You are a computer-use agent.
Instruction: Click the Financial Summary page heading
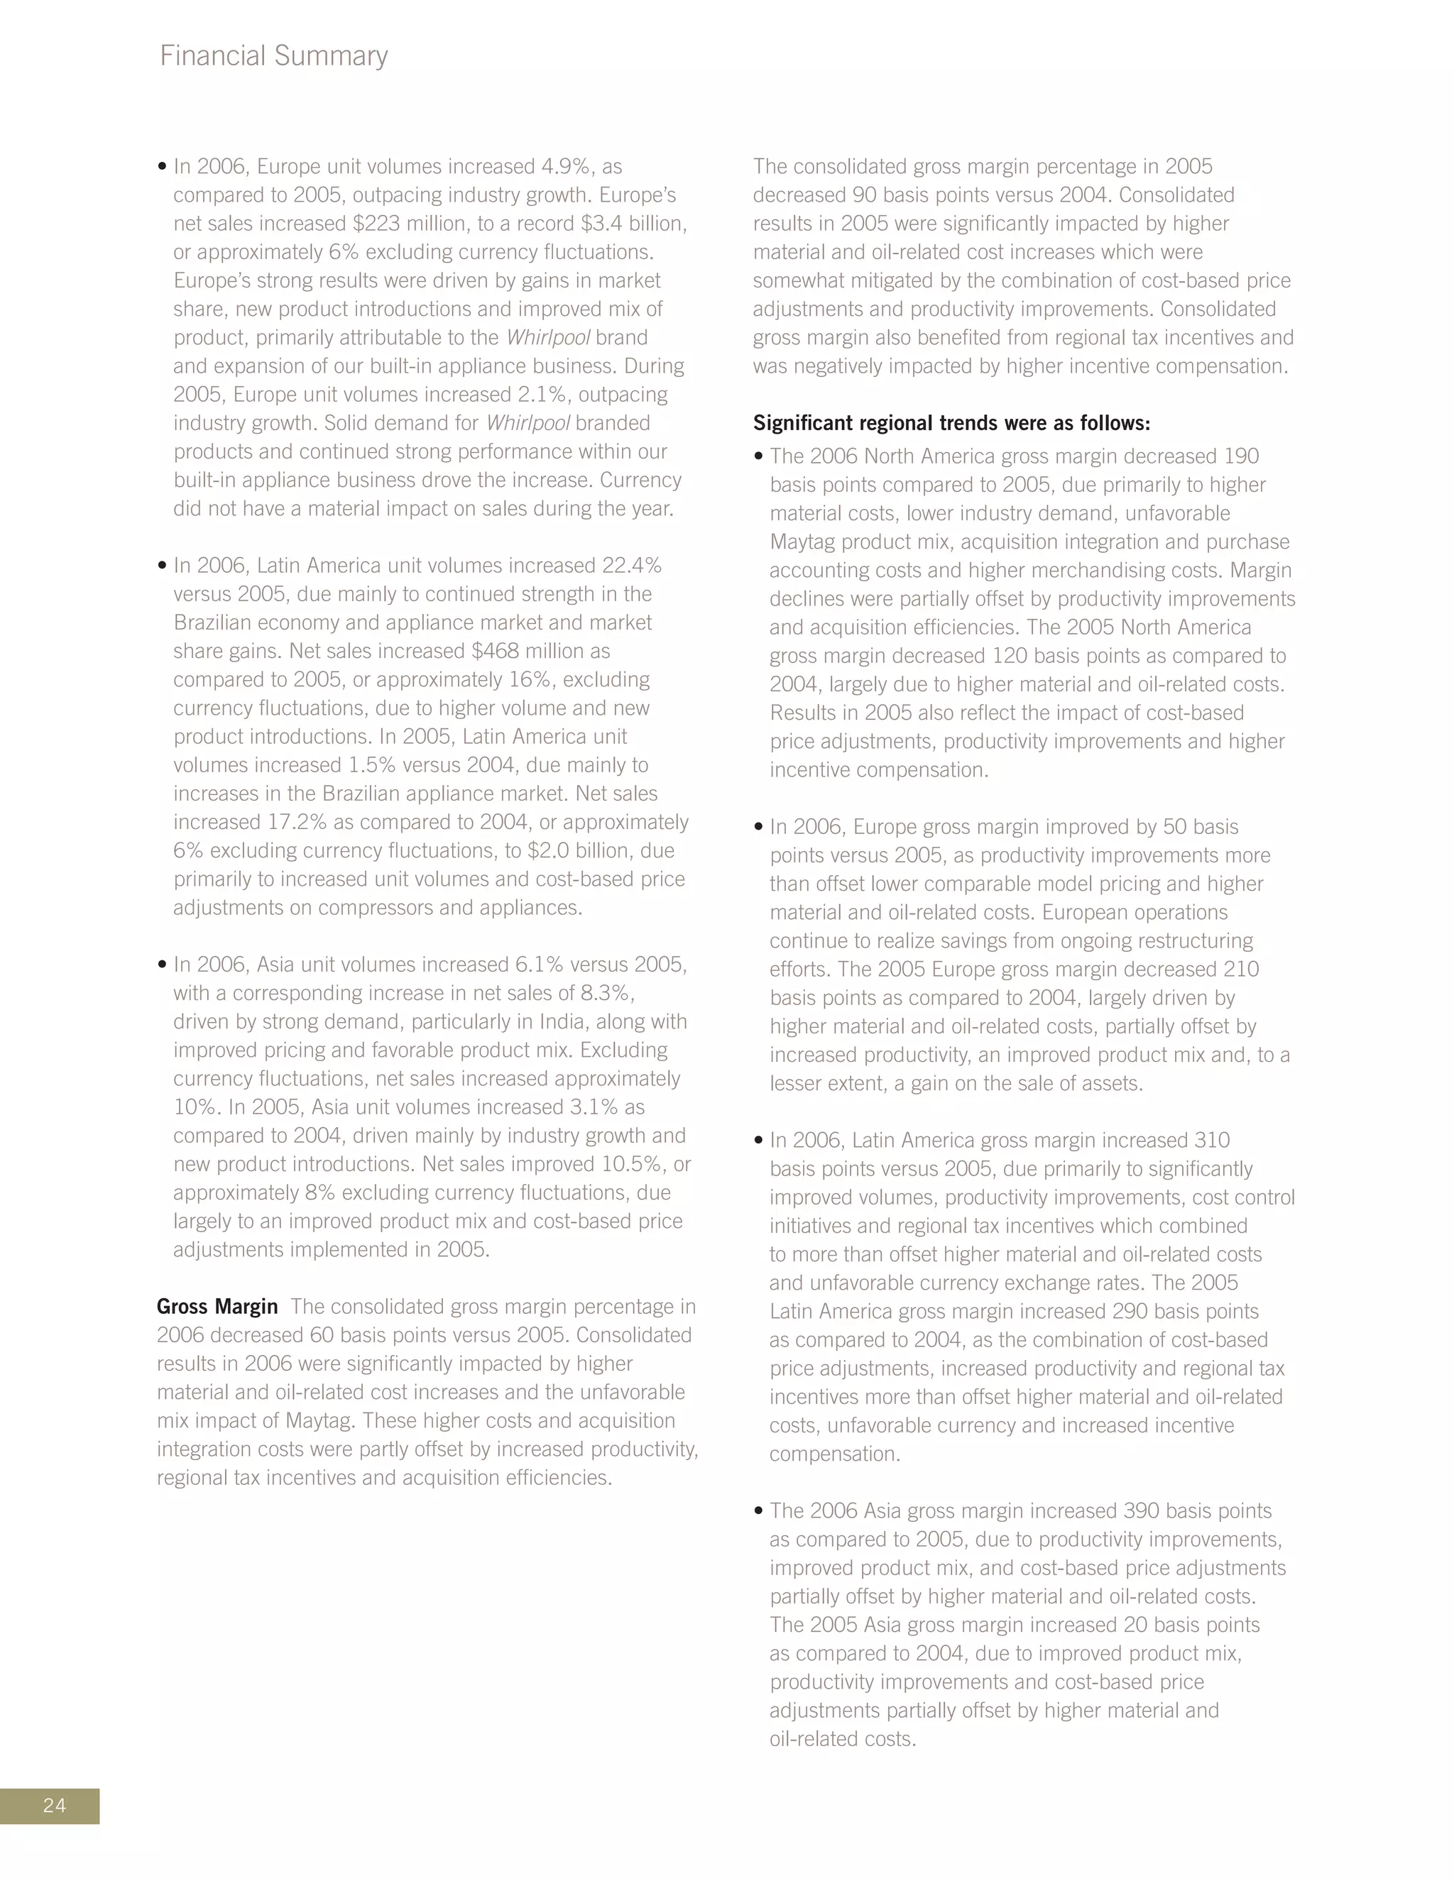[274, 56]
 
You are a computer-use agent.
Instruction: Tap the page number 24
[54, 1805]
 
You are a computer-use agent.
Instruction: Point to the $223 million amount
[409, 224]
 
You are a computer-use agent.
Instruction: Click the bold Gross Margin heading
[217, 1307]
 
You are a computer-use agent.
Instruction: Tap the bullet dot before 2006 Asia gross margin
[758, 1510]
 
